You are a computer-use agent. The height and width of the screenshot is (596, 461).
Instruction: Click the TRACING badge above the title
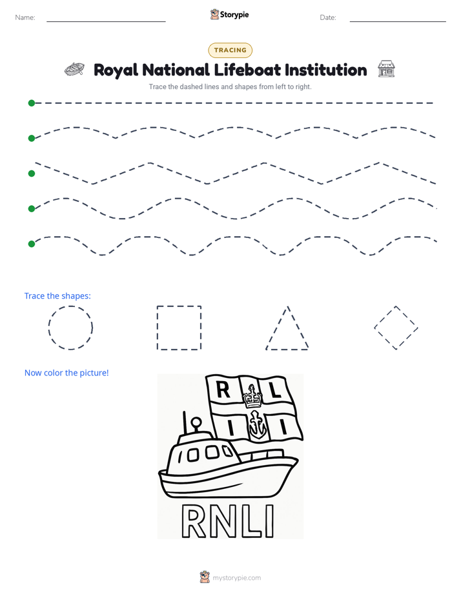click(x=230, y=50)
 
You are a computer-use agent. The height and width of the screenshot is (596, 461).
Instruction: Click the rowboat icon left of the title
click(x=74, y=69)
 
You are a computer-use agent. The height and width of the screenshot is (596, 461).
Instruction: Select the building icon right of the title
click(x=386, y=69)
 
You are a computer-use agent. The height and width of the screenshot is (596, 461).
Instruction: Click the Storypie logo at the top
click(x=229, y=14)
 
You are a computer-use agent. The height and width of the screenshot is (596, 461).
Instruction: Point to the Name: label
click(x=25, y=17)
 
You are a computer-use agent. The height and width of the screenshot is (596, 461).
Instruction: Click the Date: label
click(x=328, y=17)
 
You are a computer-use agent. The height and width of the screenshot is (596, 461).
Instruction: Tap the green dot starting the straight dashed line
click(x=32, y=103)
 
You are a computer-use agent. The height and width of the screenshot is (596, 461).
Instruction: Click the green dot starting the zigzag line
click(x=32, y=174)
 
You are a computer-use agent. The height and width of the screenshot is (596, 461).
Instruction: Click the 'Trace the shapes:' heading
click(x=57, y=295)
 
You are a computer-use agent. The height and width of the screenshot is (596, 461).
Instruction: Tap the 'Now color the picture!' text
click(x=67, y=373)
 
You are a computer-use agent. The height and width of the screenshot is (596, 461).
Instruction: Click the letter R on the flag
click(x=223, y=390)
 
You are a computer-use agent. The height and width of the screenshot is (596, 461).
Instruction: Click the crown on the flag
click(x=252, y=397)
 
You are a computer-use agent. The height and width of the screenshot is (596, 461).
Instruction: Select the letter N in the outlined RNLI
click(x=223, y=521)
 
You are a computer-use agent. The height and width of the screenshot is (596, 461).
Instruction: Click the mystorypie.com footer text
click(x=236, y=578)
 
